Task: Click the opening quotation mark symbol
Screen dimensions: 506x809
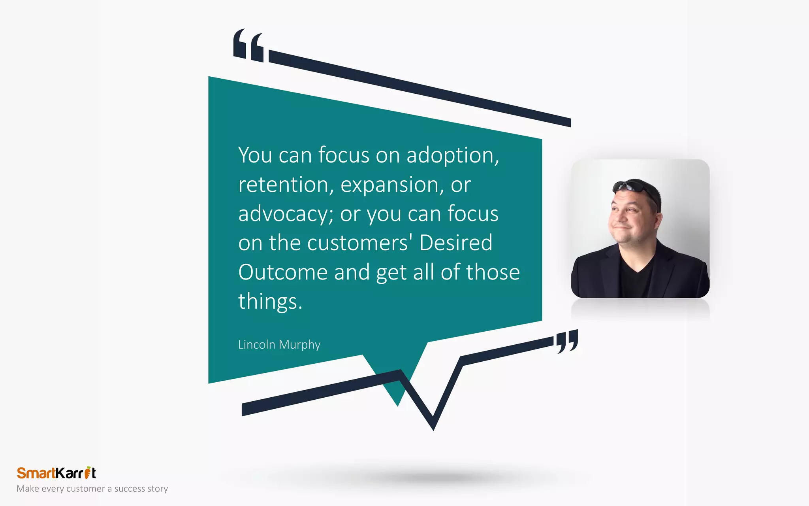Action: [248, 45]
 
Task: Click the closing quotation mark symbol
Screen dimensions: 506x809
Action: [567, 341]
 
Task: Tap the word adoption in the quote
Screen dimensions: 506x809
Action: [452, 155]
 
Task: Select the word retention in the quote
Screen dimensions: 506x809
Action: [286, 185]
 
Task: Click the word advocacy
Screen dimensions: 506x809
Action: [286, 214]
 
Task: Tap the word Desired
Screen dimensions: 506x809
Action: [455, 243]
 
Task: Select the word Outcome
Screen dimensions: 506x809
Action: [283, 272]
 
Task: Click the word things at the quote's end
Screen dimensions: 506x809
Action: [270, 301]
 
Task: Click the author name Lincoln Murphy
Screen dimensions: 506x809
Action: [279, 345]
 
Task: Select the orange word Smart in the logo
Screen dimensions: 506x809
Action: [36, 473]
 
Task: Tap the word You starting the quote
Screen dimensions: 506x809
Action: [255, 155]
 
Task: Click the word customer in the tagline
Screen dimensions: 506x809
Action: [86, 489]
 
